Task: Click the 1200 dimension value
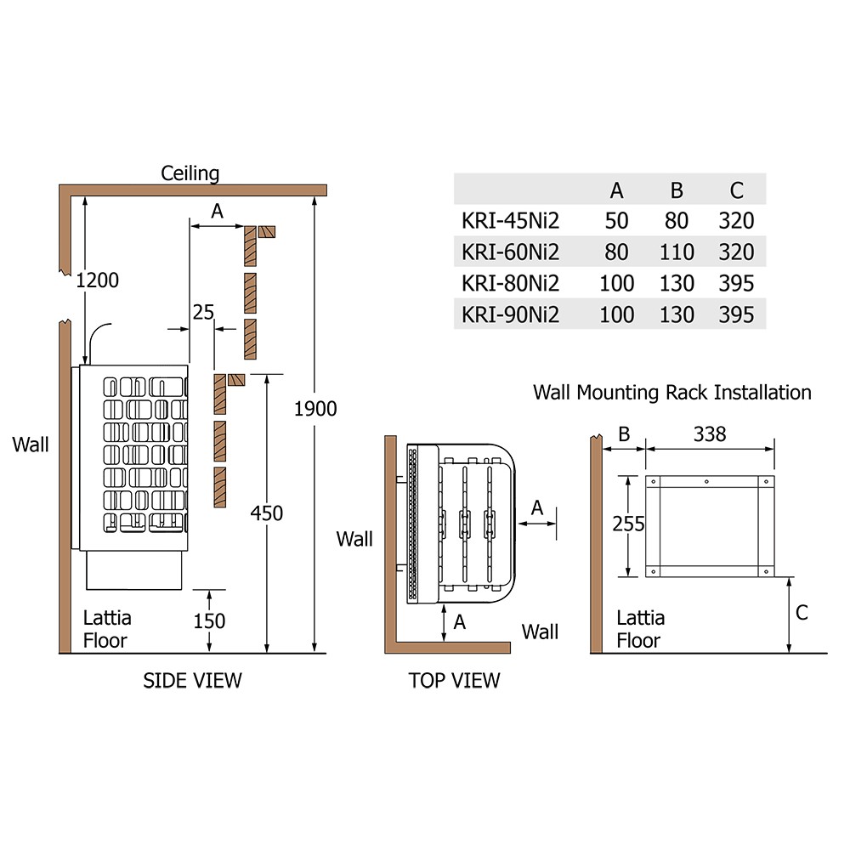97,280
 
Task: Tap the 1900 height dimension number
315,409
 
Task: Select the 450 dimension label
267,513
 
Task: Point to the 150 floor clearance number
209,621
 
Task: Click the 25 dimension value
203,312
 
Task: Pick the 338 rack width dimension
710,434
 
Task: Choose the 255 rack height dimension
628,524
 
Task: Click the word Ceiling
190,173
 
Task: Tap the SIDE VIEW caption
192,680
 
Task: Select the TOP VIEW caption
454,680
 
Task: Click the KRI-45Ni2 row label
510,221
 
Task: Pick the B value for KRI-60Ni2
677,252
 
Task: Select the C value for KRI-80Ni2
736,284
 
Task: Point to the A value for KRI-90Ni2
616,315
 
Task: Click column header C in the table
736,190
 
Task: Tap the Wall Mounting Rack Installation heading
672,393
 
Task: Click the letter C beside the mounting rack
802,613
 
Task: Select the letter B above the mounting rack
624,434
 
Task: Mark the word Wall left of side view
31,445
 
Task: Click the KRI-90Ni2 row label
510,315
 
